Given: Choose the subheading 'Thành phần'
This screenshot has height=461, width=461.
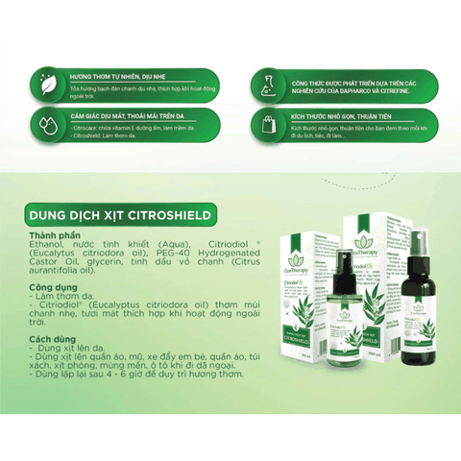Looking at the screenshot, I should coord(62,233).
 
